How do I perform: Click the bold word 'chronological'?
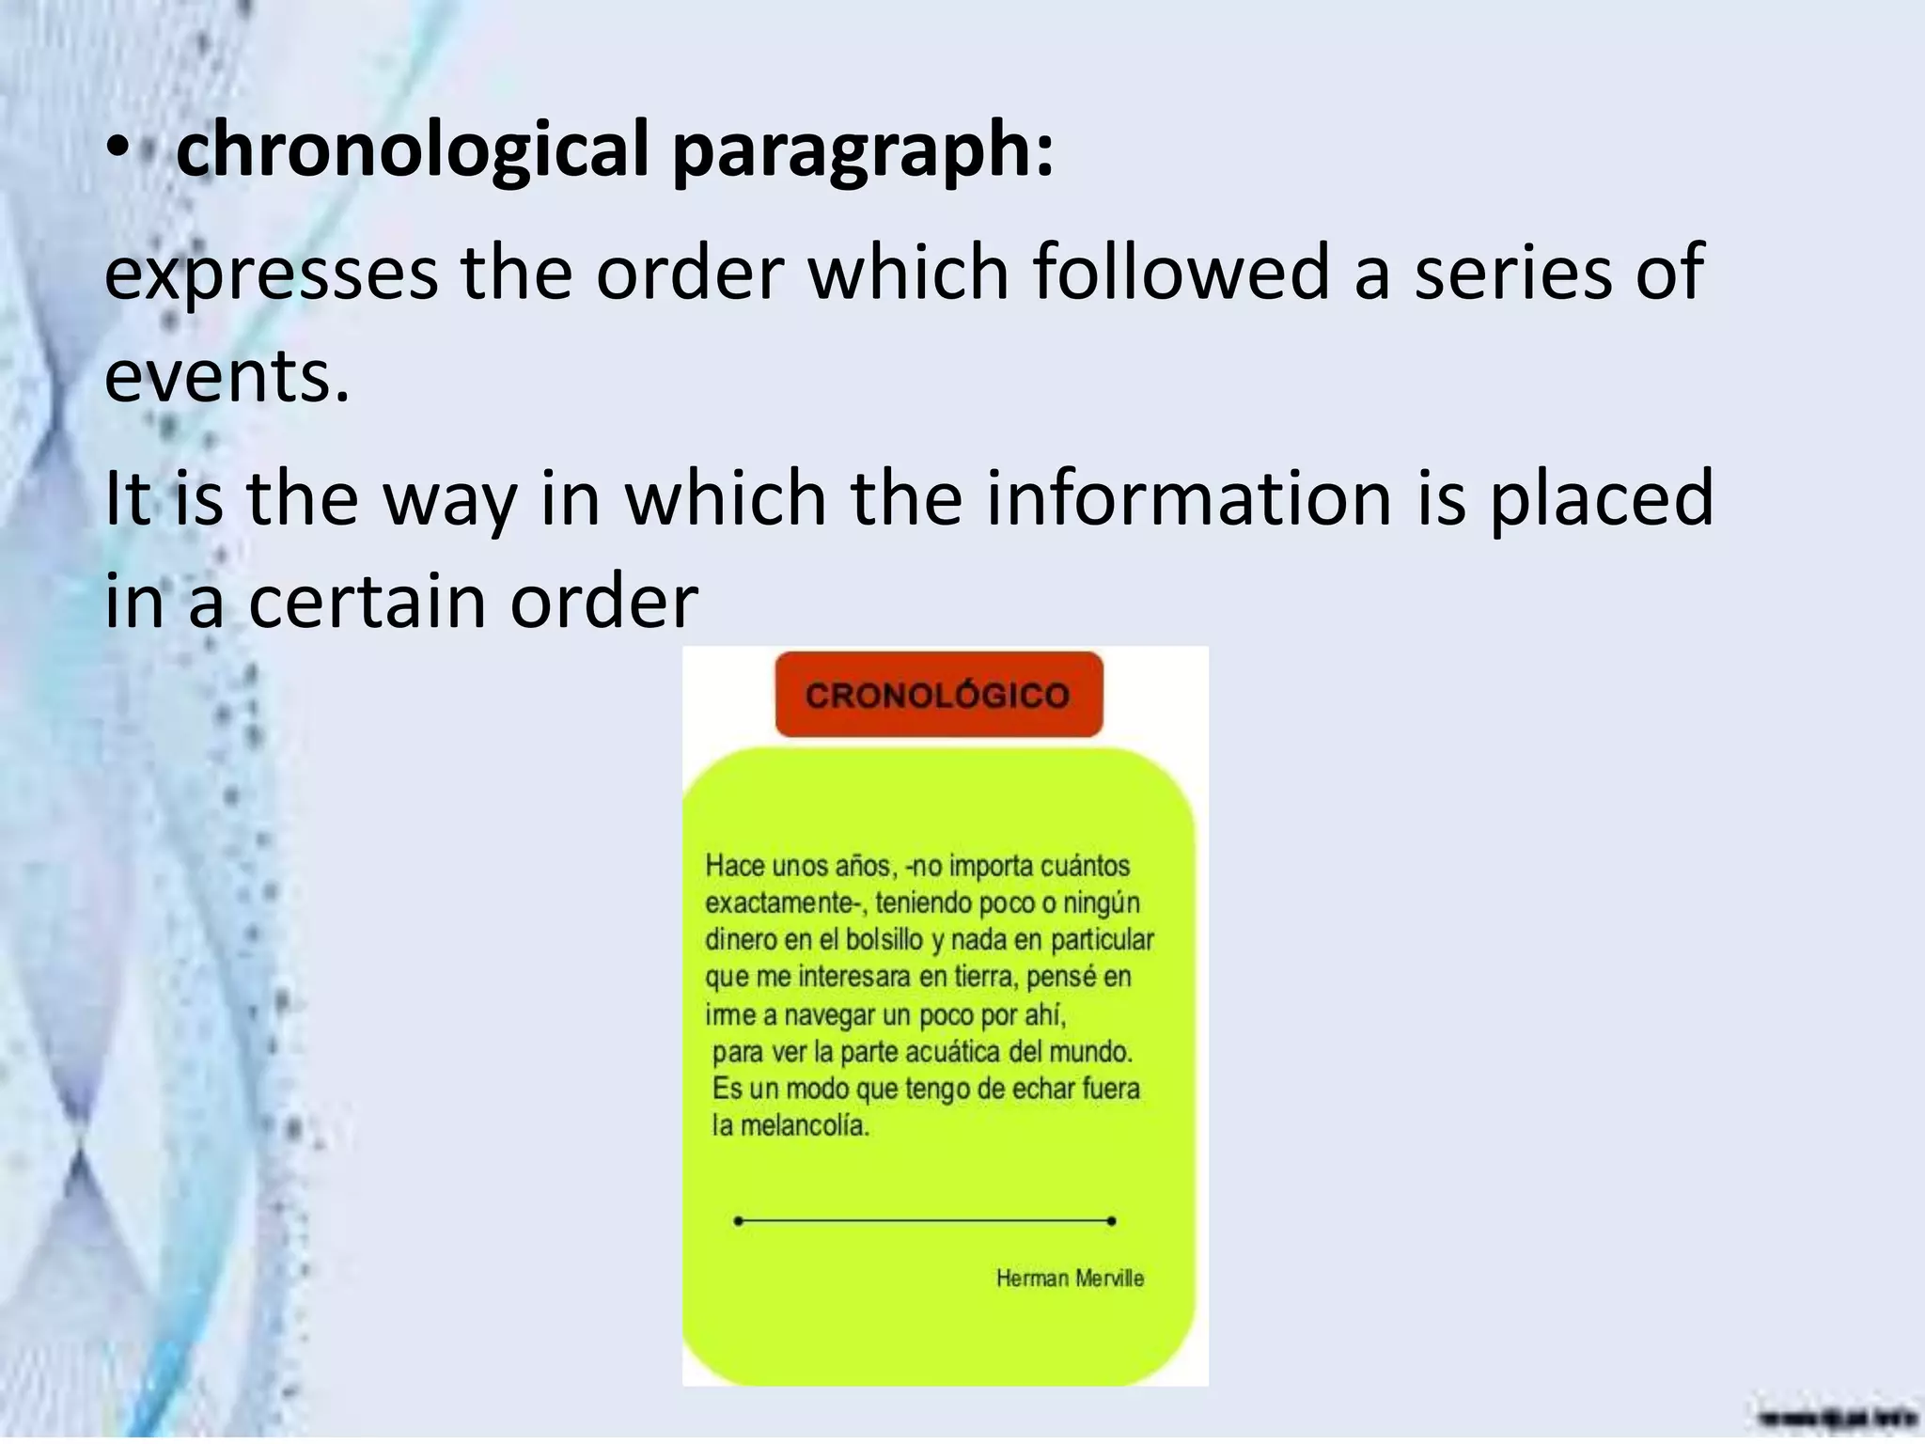tap(413, 149)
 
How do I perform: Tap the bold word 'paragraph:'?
tap(863, 149)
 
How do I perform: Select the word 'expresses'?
tap(271, 273)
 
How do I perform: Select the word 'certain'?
tap(368, 602)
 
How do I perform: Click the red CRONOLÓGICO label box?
tap(938, 695)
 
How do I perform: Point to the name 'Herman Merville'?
tap(1070, 1278)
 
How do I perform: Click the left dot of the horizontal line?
tap(739, 1221)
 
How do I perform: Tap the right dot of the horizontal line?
tap(1112, 1221)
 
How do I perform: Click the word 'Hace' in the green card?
tap(741, 866)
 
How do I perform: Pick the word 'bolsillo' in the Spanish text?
tap(884, 940)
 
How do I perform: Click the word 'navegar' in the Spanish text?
tap(829, 1015)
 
